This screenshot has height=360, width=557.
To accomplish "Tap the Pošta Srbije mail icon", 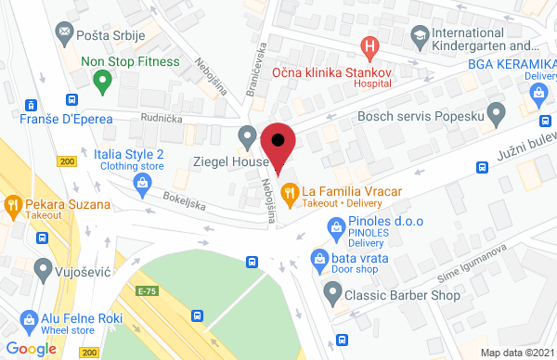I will (65, 32).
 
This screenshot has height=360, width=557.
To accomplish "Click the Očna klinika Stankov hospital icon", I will (370, 45).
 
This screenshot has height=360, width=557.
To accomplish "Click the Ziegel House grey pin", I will (247, 136).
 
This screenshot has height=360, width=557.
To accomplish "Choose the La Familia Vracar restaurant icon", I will (290, 192).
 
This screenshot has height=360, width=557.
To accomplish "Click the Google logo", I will (32, 348).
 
